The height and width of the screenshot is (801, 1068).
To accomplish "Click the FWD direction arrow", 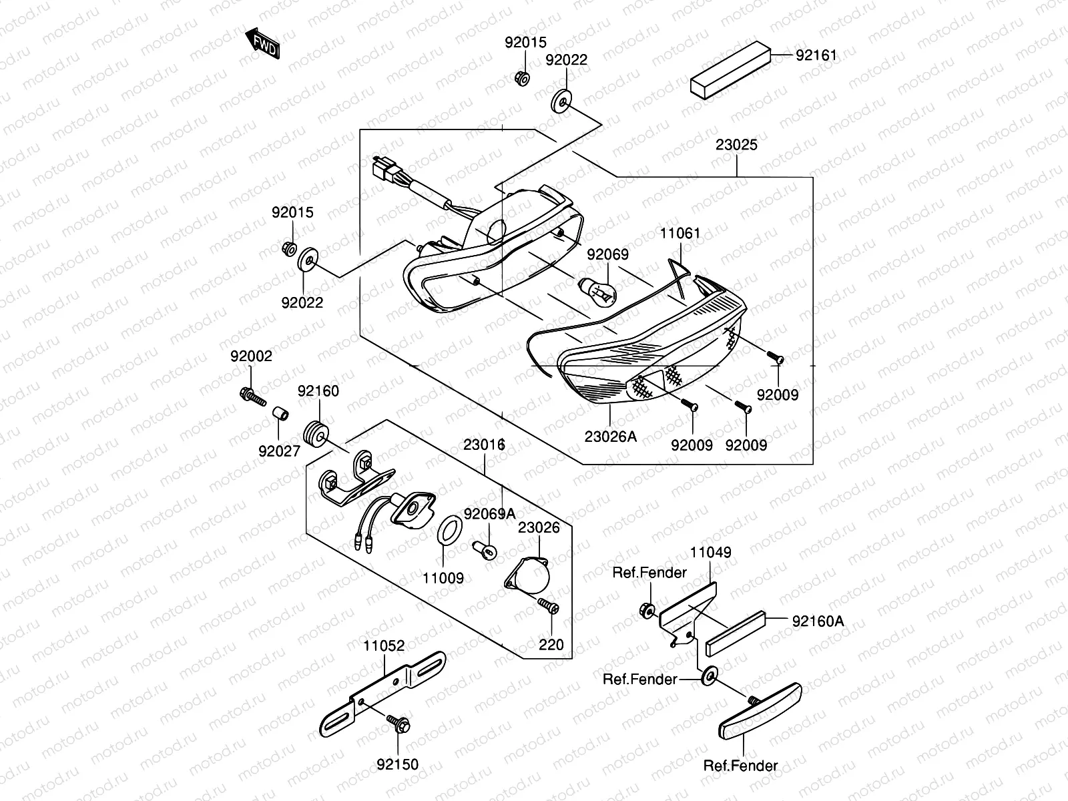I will tap(263, 44).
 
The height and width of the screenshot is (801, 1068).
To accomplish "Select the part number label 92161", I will tap(816, 55).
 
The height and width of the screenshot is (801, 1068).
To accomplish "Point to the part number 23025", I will tap(737, 145).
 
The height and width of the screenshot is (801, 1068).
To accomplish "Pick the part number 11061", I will tap(680, 234).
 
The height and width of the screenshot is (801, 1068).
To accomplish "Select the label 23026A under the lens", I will tap(611, 437).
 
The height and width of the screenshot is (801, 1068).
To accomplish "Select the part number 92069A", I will tap(490, 514).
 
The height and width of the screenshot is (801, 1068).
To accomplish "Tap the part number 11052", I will tap(384, 646).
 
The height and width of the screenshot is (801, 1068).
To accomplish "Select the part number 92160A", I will tap(818, 621).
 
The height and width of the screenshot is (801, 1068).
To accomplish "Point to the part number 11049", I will tap(710, 553).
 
